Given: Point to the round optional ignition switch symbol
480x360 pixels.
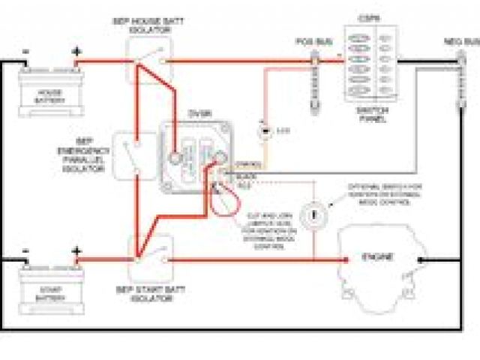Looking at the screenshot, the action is [x=310, y=214].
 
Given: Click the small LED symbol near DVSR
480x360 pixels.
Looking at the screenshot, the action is [x=262, y=131].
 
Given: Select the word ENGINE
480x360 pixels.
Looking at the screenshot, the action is [x=378, y=257].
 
